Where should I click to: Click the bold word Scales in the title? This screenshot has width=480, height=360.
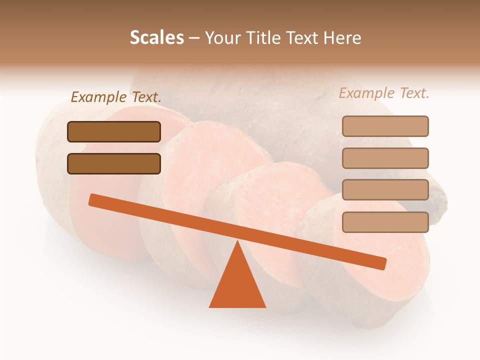pyautogui.click(x=156, y=38)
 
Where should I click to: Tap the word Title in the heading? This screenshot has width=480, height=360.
pyautogui.click(x=260, y=38)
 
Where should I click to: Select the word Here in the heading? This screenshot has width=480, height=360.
pyautogui.click(x=342, y=38)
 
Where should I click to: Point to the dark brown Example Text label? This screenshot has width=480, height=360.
pyautogui.click(x=116, y=97)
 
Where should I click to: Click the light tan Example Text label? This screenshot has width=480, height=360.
pyautogui.click(x=384, y=93)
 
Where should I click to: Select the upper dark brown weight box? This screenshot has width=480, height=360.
pyautogui.click(x=114, y=131)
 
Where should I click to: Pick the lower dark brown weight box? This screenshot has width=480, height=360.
pyautogui.click(x=114, y=163)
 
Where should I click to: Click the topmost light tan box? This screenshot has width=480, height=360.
pyautogui.click(x=385, y=126)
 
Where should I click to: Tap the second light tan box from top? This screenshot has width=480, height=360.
pyautogui.click(x=385, y=158)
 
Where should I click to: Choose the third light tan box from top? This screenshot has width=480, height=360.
pyautogui.click(x=385, y=190)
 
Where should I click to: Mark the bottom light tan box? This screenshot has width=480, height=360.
pyautogui.click(x=385, y=222)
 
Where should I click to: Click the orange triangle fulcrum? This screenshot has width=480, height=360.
pyautogui.click(x=237, y=285)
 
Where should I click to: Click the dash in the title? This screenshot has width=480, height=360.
pyautogui.click(x=194, y=38)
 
